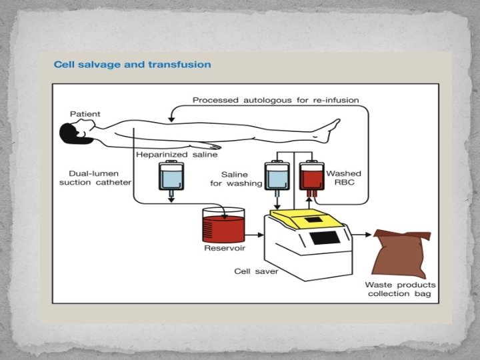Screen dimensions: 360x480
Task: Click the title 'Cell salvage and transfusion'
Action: [x=132, y=65]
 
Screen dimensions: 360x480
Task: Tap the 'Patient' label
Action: [x=85, y=114]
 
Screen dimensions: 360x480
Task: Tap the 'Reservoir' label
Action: [x=224, y=248]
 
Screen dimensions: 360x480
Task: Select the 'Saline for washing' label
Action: [x=236, y=178]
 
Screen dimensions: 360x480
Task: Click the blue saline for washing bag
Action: [x=275, y=178]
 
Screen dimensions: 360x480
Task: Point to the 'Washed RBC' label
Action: [x=343, y=178]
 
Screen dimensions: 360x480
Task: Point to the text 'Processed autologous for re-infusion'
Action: [x=275, y=100]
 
